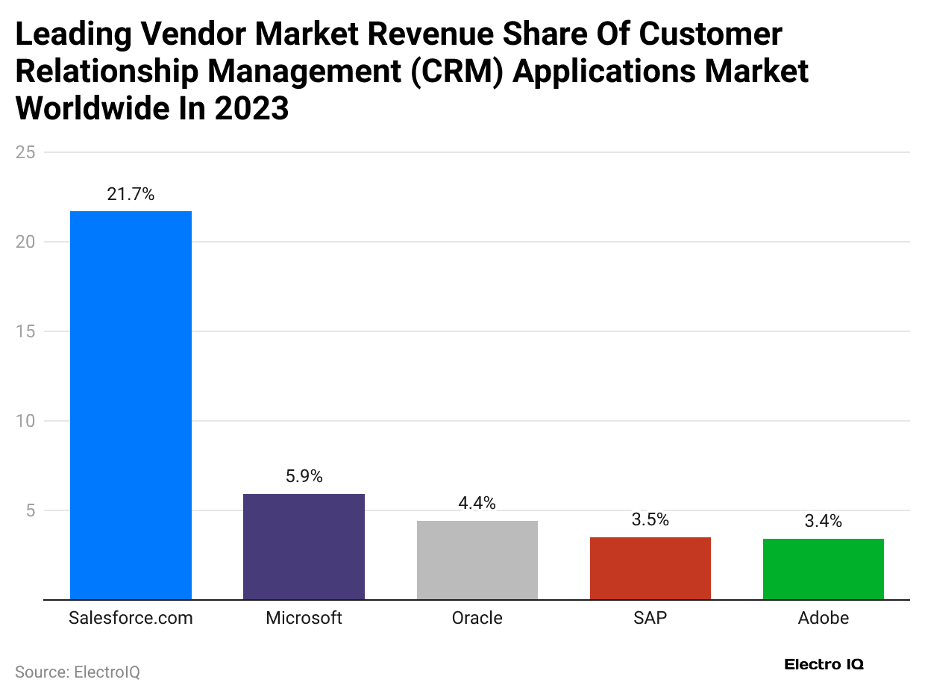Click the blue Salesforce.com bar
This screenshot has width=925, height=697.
(131, 405)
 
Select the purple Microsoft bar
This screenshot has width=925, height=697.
(304, 546)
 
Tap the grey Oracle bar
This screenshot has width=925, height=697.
(477, 560)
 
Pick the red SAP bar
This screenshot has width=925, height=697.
(650, 568)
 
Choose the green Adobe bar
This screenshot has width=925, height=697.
(823, 569)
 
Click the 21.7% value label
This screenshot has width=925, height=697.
(131, 195)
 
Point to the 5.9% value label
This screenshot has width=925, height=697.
(304, 477)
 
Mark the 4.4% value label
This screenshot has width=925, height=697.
(477, 504)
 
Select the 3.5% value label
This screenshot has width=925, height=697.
(650, 520)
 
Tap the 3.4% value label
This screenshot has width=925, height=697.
(823, 522)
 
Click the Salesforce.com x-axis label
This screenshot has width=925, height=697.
(131, 619)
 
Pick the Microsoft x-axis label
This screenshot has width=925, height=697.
(304, 619)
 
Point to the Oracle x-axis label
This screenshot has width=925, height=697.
(477, 619)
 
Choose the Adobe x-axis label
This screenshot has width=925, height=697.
(823, 619)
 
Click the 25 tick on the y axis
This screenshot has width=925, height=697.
(25, 152)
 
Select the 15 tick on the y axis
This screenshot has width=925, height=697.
(25, 331)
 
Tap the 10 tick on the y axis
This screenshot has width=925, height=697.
(25, 421)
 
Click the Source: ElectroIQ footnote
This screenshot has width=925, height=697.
(78, 672)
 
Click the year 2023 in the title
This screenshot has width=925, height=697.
(251, 108)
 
